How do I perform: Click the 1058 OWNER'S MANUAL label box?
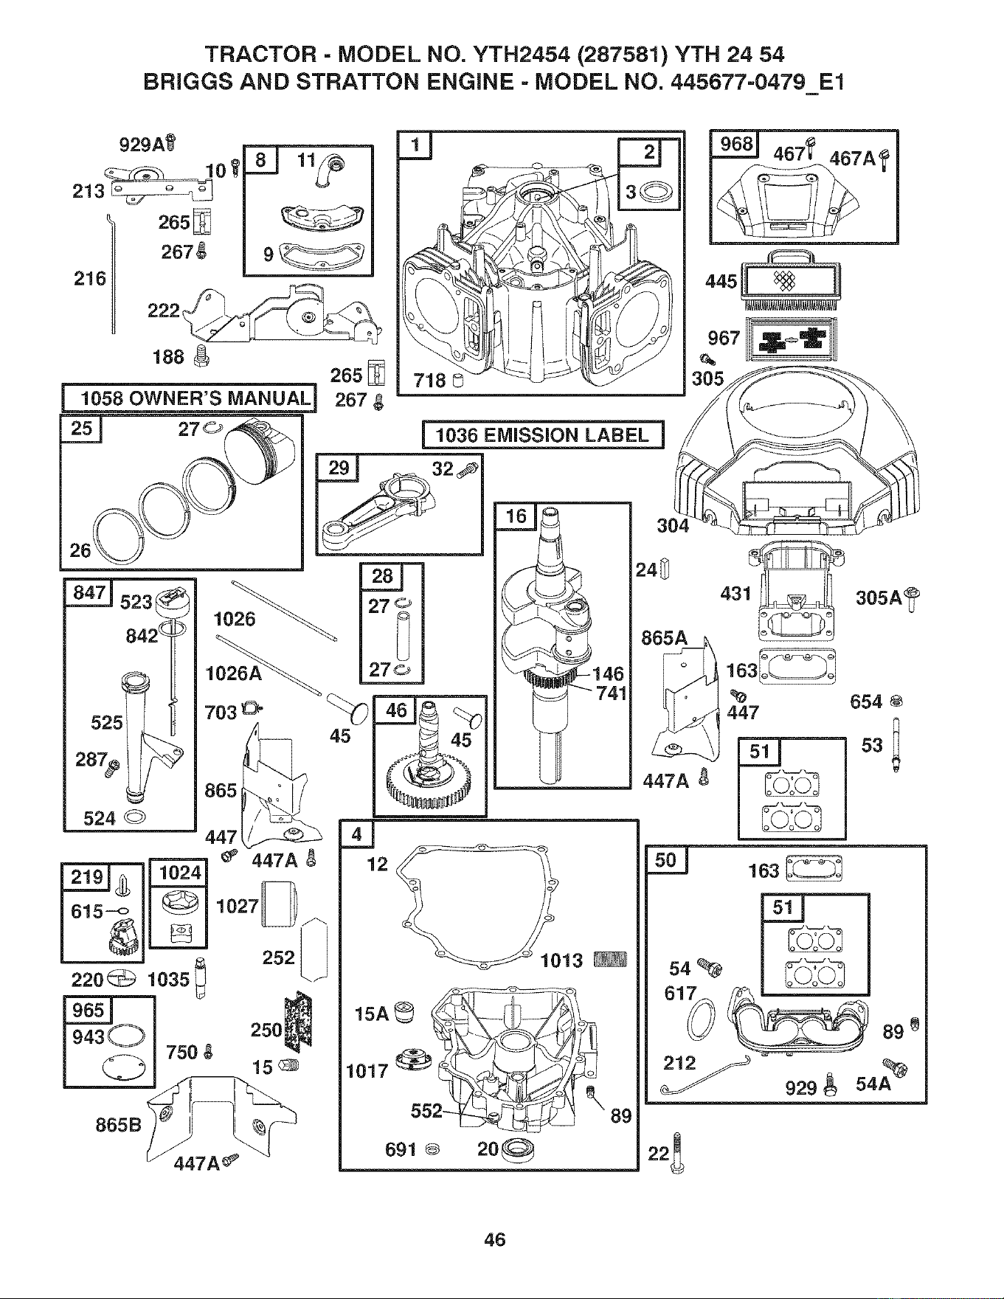point(189,398)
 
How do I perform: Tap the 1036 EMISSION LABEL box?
point(543,434)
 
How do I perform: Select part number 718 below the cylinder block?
point(430,381)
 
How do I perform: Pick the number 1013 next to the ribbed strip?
point(561,960)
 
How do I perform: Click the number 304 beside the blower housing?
point(673,525)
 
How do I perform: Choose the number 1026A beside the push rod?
point(234,673)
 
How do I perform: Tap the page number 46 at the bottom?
point(494,1239)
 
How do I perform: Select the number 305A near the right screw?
point(879,597)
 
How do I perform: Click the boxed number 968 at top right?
point(735,143)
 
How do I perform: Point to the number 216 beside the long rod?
point(90,279)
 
